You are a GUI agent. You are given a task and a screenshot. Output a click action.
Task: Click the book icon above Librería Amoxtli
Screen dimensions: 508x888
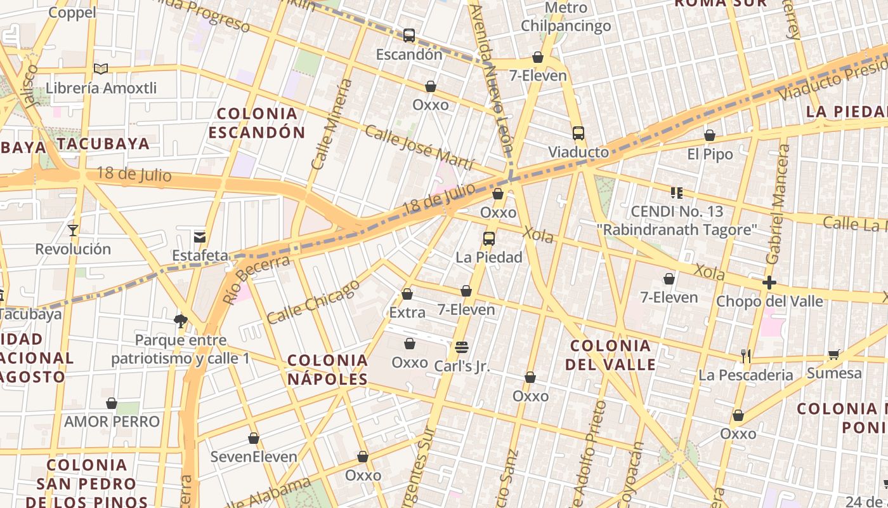101,69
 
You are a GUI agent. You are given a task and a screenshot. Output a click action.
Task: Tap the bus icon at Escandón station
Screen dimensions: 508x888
409,36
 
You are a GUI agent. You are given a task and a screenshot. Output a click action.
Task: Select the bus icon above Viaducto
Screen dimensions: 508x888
578,133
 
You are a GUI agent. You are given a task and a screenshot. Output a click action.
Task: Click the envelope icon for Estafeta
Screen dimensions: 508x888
200,237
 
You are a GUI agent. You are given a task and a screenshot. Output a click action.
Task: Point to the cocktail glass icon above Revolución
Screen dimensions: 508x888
73,230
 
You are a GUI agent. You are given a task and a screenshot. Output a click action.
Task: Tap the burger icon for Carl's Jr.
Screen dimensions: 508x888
462,347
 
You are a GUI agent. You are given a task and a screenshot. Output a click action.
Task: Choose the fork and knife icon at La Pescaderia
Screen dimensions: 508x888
746,356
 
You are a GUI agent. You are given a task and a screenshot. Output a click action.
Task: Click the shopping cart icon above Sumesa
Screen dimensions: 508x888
834,354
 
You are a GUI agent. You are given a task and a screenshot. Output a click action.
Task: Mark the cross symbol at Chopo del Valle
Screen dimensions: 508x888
769,283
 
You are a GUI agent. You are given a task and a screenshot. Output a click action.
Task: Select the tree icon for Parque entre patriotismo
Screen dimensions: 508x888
181,321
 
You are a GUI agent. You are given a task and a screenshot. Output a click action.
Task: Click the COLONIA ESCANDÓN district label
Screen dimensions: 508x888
257,123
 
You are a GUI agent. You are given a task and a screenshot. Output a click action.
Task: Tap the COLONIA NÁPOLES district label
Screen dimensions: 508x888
327,370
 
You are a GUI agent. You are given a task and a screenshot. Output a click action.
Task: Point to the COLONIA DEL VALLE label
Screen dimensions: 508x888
611,355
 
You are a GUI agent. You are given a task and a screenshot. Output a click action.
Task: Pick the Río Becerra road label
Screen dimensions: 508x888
256,279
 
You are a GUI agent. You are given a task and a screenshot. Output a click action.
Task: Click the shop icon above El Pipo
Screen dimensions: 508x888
710,135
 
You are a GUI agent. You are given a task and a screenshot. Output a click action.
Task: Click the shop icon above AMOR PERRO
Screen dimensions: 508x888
112,403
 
